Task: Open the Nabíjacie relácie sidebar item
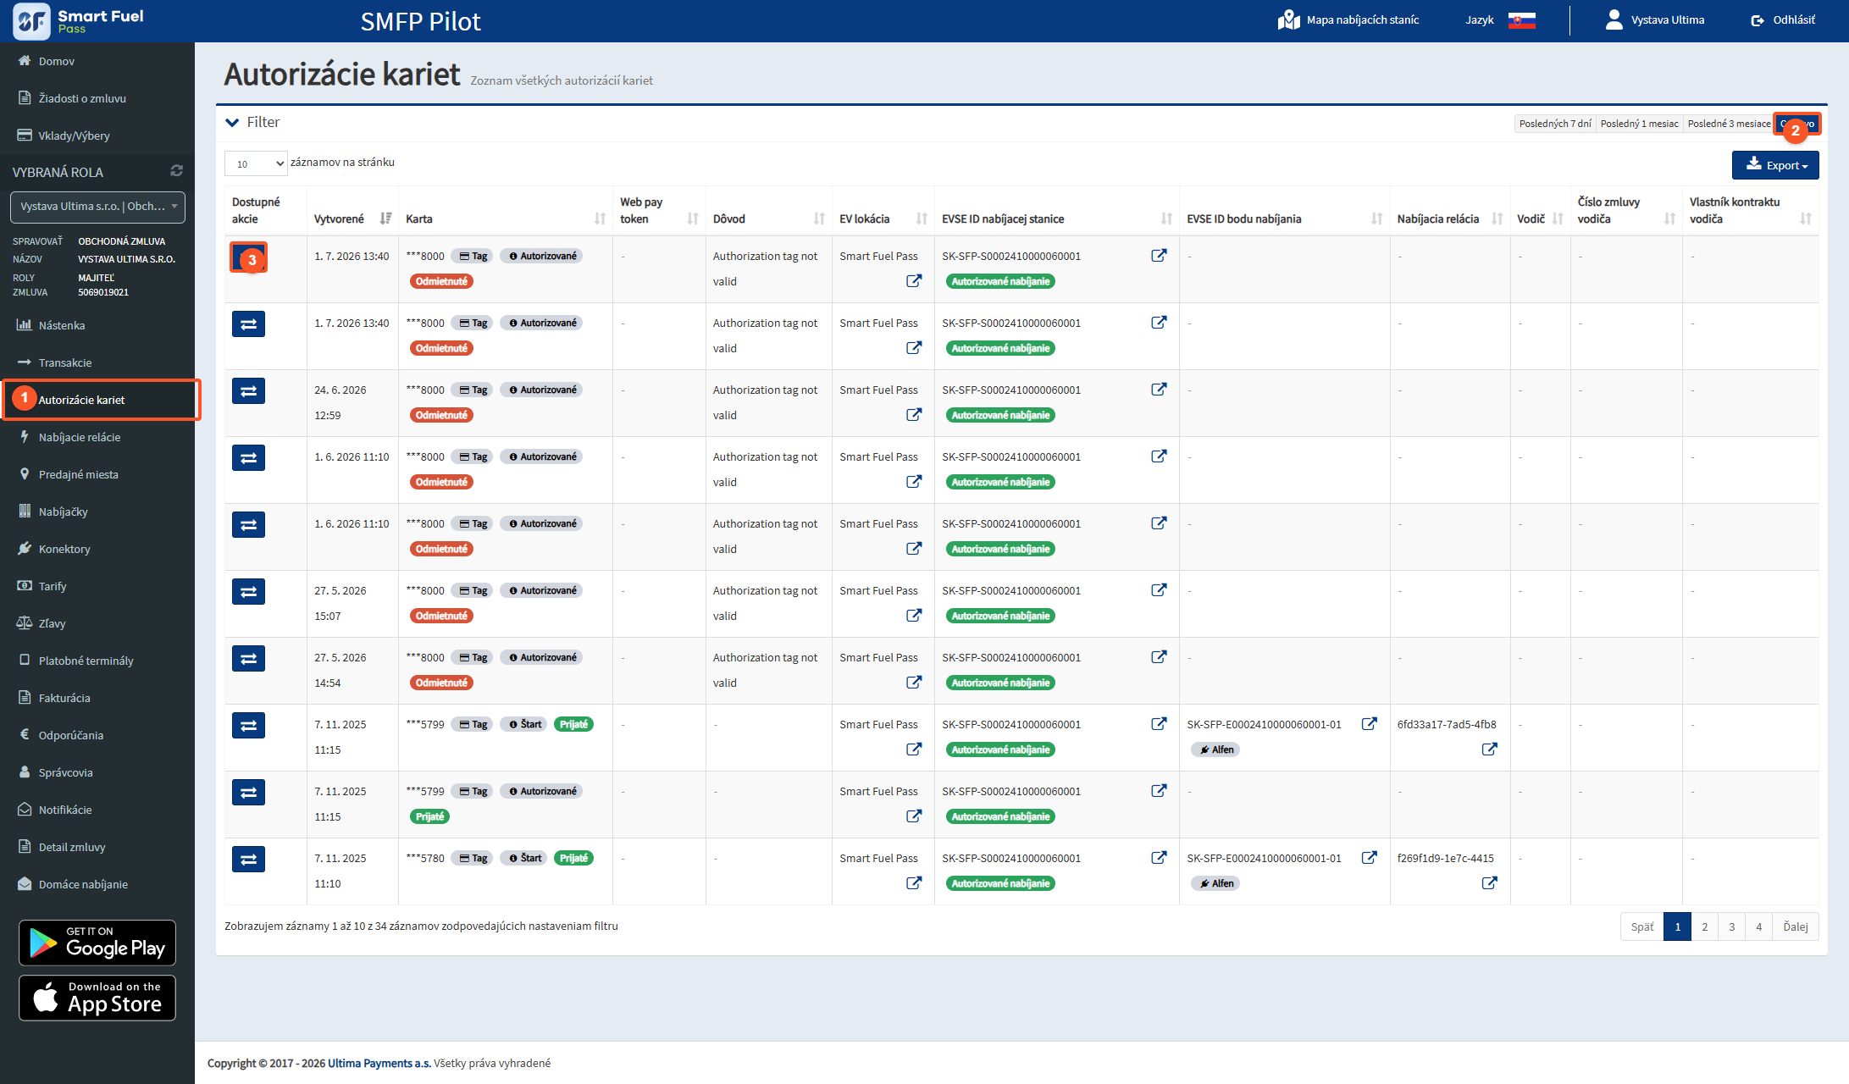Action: [80, 437]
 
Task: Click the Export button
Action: [1774, 165]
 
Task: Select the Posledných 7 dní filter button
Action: [1554, 124]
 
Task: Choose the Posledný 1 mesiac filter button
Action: [1639, 124]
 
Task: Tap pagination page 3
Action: [1731, 926]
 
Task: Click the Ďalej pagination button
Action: [1795, 926]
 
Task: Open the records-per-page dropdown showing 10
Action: [256, 163]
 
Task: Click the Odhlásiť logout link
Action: [1783, 20]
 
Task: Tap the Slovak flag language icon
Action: [1521, 20]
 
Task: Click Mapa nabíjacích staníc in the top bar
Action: [1348, 20]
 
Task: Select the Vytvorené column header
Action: [339, 218]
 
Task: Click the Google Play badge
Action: [97, 943]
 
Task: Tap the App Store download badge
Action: [97, 998]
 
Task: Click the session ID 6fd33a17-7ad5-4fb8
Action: [1447, 724]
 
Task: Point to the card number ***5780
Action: [425, 858]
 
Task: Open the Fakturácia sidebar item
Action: [64, 698]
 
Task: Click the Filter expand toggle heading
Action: [252, 123]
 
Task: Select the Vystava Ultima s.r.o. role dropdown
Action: [97, 207]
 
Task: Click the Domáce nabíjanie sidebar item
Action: [83, 884]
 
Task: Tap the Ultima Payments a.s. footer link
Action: [379, 1063]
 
